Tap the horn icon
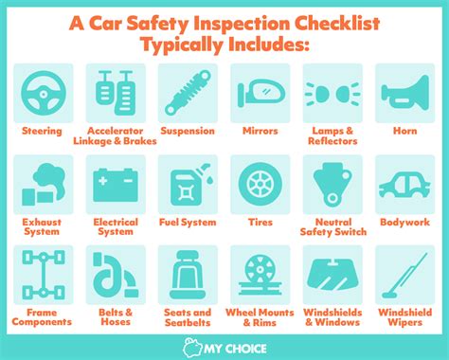tap(403, 92)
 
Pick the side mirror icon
tap(258, 92)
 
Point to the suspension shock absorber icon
tap(187, 92)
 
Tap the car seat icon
tap(187, 274)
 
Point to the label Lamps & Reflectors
tap(330, 136)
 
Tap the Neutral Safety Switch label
tap(330, 227)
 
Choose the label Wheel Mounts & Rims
tap(258, 317)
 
